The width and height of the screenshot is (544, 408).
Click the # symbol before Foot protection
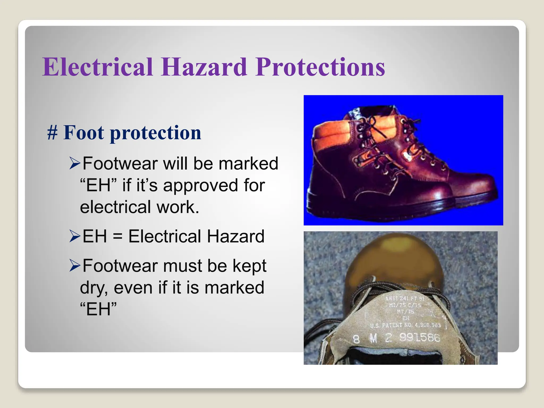[52, 133]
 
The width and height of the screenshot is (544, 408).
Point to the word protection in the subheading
[155, 133]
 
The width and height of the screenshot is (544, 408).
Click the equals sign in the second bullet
[117, 237]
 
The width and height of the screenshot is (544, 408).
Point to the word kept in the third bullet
[249, 266]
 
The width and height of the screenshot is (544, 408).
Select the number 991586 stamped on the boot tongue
[420, 338]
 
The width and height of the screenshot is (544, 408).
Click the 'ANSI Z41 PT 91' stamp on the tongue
[405, 299]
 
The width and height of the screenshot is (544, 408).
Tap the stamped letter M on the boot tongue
[373, 338]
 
